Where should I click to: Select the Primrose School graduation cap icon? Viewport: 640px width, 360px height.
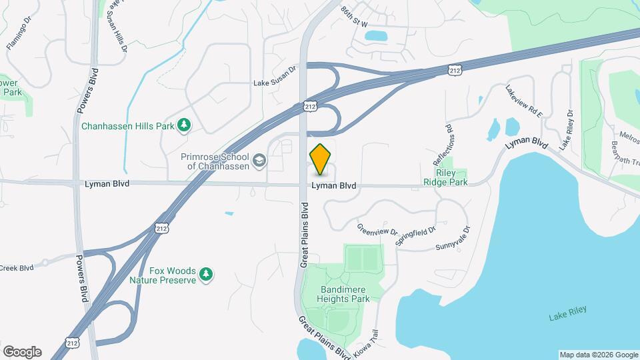[x=259, y=161]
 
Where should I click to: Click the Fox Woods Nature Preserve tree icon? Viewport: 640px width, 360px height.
[x=207, y=273]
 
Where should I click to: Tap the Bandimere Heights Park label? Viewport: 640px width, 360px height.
[x=335, y=295]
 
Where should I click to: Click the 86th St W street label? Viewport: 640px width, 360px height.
[x=354, y=17]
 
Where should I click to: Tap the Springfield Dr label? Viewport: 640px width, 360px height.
[x=415, y=236]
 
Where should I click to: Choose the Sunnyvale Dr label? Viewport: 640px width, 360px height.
[x=453, y=238]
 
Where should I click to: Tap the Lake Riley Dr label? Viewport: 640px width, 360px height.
[x=566, y=129]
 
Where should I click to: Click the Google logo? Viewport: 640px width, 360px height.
[x=21, y=352]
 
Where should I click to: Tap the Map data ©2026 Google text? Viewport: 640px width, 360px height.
[x=598, y=355]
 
